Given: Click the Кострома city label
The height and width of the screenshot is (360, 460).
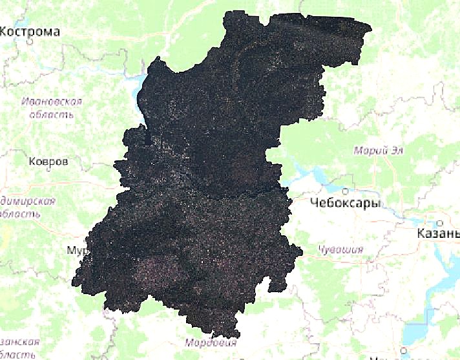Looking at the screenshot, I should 31,32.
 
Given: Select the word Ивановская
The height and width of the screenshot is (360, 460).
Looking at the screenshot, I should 52,102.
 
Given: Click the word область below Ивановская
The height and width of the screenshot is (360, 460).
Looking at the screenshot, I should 47,115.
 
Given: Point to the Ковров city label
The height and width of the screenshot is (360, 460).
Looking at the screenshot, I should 48,161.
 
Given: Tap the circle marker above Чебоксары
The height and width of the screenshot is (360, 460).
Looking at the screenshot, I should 346,191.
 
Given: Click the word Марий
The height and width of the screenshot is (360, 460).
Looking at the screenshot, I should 369,151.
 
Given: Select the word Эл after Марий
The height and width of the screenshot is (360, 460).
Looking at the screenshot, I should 397,151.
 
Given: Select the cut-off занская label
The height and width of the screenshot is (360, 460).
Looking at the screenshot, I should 19,343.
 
